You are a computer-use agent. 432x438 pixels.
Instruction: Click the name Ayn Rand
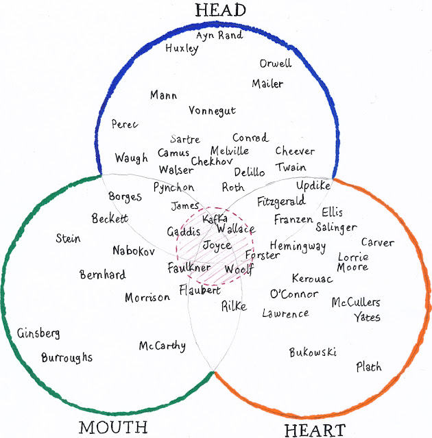click(x=219, y=35)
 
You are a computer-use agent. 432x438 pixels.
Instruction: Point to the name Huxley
click(x=182, y=49)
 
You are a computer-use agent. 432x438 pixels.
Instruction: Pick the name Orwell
click(x=275, y=64)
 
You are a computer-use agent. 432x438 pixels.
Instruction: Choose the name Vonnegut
click(x=212, y=111)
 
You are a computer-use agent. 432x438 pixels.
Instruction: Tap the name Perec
click(x=125, y=125)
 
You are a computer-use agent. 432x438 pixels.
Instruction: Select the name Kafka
click(x=215, y=218)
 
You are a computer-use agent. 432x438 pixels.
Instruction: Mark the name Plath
click(x=369, y=367)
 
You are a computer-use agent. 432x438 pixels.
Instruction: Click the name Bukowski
click(x=313, y=352)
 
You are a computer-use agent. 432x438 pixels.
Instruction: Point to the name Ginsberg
click(x=39, y=333)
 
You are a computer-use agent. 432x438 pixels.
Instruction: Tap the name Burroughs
click(x=67, y=357)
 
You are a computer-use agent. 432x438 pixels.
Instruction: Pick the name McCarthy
click(x=163, y=346)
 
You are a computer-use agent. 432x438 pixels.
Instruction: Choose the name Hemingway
click(x=298, y=246)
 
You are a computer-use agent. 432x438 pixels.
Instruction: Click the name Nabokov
click(x=134, y=250)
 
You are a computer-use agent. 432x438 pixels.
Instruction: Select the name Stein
click(x=68, y=239)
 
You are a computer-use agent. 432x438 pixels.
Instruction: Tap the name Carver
click(x=377, y=243)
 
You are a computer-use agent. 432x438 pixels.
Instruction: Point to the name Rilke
click(x=233, y=307)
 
